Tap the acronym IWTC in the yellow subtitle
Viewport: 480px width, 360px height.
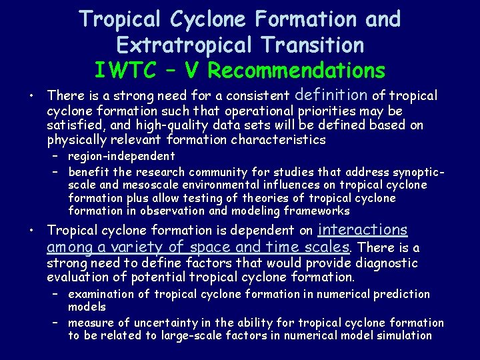125,70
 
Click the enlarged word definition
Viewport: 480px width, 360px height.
331,95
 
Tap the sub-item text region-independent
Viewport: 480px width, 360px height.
121,156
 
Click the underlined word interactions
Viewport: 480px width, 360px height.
363,230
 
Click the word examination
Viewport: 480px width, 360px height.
102,294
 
